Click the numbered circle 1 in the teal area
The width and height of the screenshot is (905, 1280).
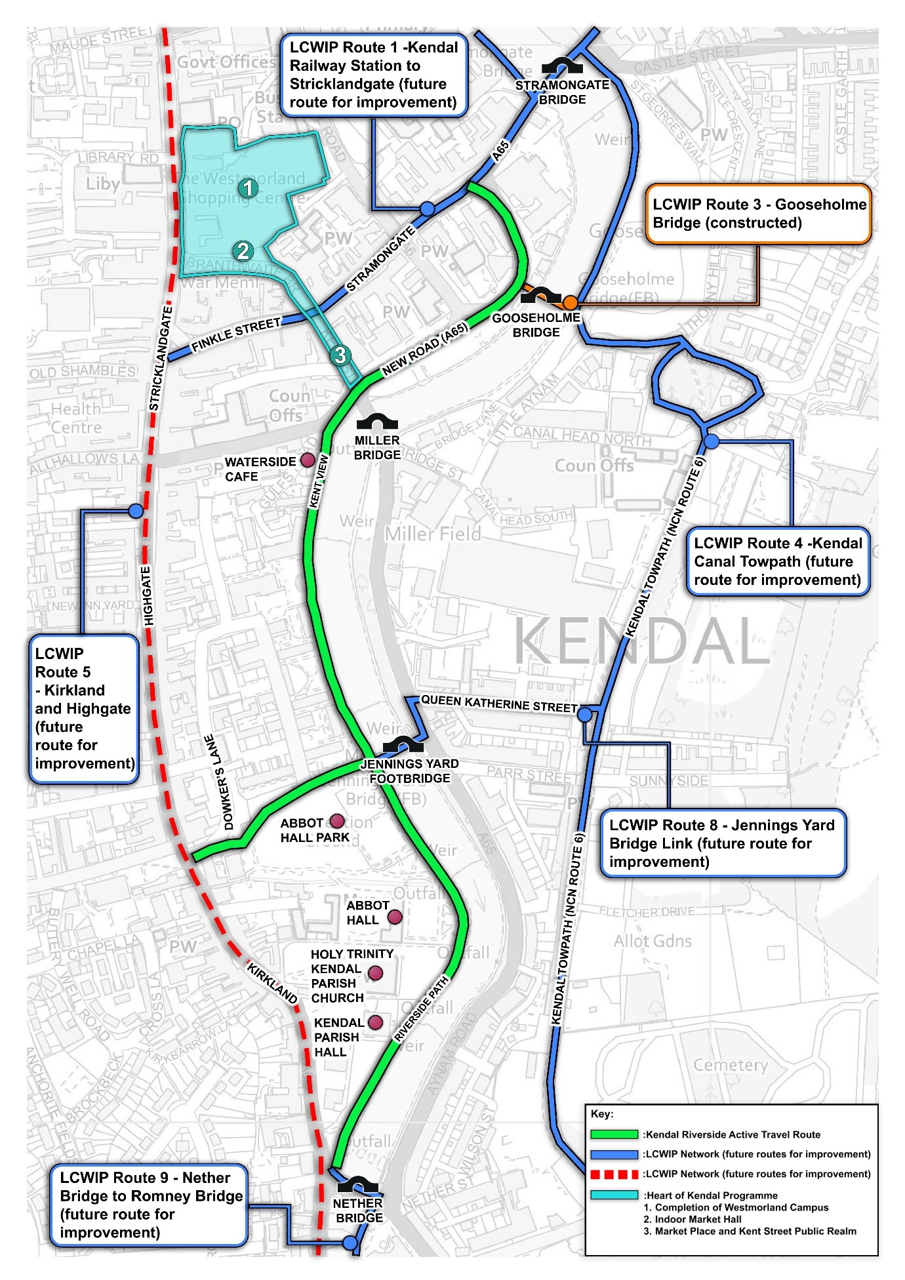pos(247,188)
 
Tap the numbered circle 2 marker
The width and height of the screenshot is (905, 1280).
pos(243,250)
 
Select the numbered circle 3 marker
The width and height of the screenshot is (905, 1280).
pos(340,355)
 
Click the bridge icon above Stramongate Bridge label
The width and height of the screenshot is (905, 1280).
pos(562,66)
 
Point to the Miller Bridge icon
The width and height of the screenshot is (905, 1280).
pos(377,422)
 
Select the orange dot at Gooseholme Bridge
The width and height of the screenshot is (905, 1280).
pos(570,302)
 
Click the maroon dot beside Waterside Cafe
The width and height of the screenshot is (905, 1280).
pos(307,460)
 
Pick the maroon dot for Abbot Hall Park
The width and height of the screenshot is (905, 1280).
pos(337,821)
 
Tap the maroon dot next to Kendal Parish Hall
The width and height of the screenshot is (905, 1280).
pos(376,1022)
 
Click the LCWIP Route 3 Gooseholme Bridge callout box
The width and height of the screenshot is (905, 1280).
pos(758,214)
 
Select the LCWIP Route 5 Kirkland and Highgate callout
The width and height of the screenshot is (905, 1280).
pos(84,709)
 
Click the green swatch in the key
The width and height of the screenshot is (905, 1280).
pos(614,1134)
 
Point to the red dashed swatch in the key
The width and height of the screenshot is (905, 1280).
pos(614,1173)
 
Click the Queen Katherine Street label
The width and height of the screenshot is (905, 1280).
pos(498,704)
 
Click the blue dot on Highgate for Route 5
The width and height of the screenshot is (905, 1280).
pos(136,510)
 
